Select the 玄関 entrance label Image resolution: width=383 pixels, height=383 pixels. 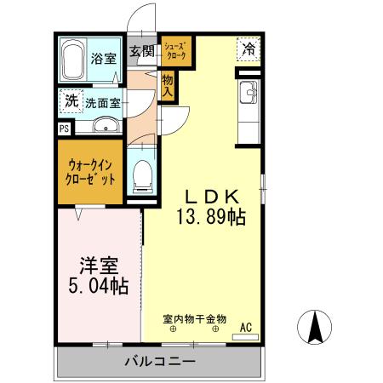[x=141, y=52]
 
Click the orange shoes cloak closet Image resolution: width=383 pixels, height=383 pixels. [x=177, y=51]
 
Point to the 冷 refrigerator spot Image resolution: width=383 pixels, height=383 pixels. [x=249, y=50]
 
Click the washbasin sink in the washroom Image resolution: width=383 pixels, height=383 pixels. [x=105, y=128]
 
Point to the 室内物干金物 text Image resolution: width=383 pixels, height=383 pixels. [x=195, y=319]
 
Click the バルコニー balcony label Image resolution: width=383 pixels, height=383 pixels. [x=160, y=362]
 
